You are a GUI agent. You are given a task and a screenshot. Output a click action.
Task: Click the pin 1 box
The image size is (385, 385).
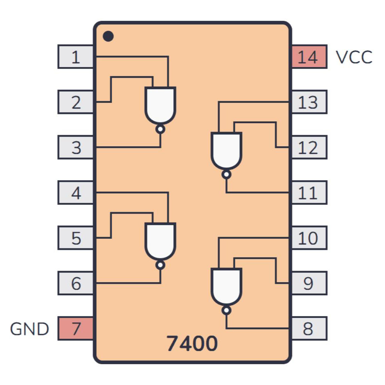(x=76, y=57)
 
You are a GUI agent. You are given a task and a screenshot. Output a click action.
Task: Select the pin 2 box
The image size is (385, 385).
(x=76, y=102)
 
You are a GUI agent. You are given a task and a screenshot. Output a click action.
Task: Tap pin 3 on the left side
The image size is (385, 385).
(x=76, y=147)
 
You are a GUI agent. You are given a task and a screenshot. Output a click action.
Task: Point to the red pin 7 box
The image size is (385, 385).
(x=76, y=329)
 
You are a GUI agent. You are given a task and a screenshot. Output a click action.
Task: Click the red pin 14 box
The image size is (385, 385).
(x=309, y=57)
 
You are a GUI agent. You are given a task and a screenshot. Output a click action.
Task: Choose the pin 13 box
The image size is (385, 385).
(x=309, y=102)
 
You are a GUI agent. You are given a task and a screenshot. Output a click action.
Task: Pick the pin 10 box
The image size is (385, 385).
(x=309, y=238)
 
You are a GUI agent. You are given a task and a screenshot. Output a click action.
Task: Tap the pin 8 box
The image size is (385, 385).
(x=309, y=329)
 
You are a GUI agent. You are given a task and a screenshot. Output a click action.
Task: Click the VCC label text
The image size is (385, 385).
(x=354, y=57)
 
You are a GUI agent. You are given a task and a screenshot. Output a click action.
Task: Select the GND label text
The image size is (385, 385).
(x=30, y=329)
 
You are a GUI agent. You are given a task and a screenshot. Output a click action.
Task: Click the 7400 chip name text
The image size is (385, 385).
(x=192, y=343)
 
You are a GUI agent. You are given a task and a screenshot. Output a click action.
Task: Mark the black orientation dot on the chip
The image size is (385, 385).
(x=109, y=37)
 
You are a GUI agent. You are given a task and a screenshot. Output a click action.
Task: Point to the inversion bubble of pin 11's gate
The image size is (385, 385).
(x=226, y=175)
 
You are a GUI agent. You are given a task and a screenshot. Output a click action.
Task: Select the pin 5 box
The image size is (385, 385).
(x=76, y=238)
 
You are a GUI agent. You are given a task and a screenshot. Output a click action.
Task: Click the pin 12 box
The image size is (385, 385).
(x=309, y=147)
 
